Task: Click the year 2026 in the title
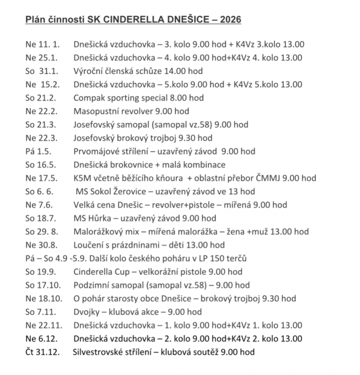(x=230, y=21)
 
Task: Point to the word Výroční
(x=89, y=71)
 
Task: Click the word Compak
(x=90, y=98)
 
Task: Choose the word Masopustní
(x=96, y=111)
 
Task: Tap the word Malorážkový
(x=100, y=232)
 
